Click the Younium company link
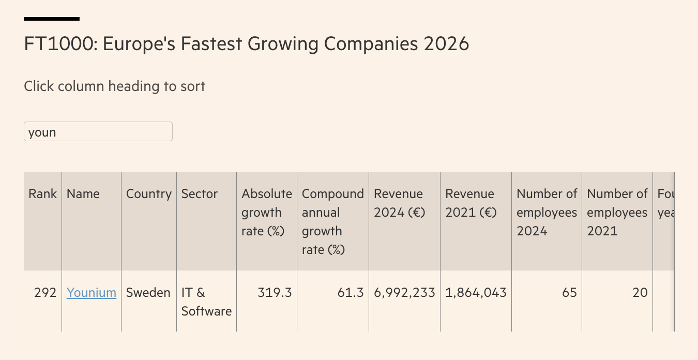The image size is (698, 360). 92,293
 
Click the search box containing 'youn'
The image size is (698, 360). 98,132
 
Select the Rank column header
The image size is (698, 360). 42,194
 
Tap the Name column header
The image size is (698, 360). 83,194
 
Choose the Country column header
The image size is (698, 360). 149,194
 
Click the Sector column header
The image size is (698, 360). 200,194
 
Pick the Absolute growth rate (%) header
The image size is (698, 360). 267,213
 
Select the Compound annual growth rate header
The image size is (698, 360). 333,221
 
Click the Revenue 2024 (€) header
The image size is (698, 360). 399,203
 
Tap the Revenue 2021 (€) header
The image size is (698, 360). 471,203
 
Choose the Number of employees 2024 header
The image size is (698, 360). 547,213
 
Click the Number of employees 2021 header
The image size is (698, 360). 617,213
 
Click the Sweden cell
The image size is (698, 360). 148,293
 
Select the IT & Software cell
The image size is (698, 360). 206,302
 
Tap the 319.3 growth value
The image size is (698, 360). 275,293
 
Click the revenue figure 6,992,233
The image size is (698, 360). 404,293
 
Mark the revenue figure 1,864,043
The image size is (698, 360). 476,293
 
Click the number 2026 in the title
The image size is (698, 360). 446,44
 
